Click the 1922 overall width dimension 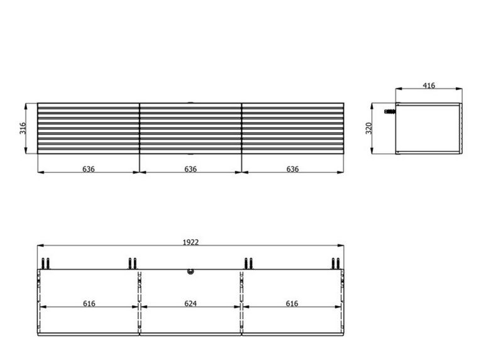click(x=191, y=243)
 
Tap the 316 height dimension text click(x=23, y=128)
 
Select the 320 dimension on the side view click(x=368, y=128)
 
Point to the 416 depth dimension click(x=429, y=85)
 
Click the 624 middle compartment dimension click(x=190, y=303)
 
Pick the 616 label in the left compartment click(x=89, y=303)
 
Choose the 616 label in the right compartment click(x=292, y=303)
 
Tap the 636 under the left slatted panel click(x=89, y=169)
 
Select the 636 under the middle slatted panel click(x=190, y=169)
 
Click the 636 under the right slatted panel click(x=292, y=169)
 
